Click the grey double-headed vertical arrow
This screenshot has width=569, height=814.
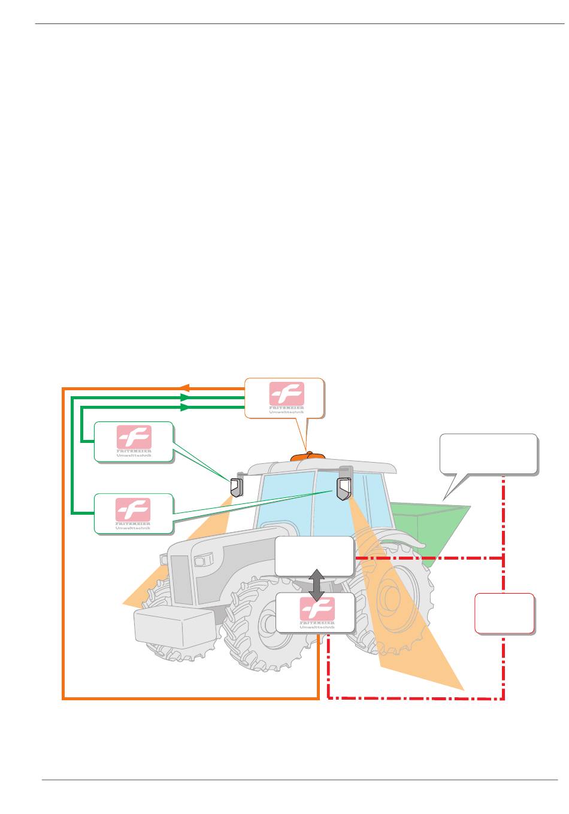click(x=316, y=585)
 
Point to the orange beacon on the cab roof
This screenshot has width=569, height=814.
click(x=307, y=457)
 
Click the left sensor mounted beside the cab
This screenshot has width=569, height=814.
click(x=235, y=487)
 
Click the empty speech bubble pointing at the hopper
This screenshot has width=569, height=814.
click(x=488, y=454)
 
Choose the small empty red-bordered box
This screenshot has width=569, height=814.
click(x=504, y=613)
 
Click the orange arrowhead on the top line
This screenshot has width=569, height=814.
click(x=185, y=388)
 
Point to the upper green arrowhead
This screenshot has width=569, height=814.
click(x=185, y=397)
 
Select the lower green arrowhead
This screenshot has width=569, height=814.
click(x=185, y=407)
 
